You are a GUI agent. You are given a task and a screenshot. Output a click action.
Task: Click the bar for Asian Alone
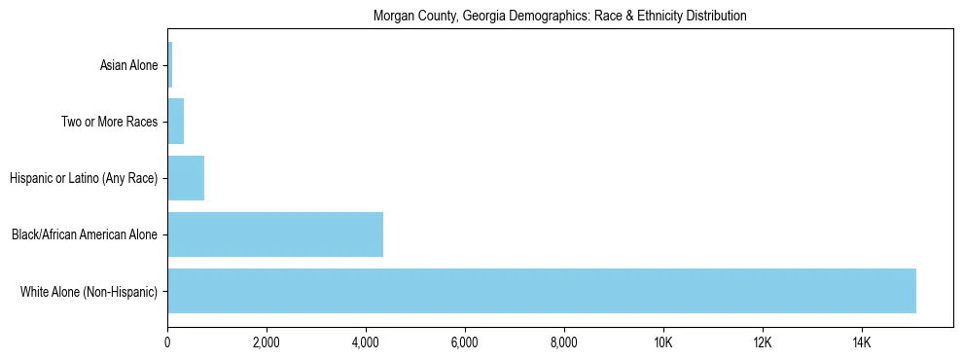click(170, 65)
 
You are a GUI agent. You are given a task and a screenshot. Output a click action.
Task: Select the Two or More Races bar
click(176, 122)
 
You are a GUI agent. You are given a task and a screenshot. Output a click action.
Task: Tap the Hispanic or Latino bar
click(186, 178)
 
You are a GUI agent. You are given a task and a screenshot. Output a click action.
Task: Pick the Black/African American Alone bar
click(275, 234)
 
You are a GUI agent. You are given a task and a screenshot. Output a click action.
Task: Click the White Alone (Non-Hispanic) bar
click(542, 291)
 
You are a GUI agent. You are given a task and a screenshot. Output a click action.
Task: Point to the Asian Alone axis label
click(128, 66)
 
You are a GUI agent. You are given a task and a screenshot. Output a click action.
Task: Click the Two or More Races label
click(109, 123)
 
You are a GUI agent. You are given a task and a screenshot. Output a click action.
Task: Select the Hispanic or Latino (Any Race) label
click(84, 179)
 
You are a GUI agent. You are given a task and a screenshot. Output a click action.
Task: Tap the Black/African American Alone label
click(85, 235)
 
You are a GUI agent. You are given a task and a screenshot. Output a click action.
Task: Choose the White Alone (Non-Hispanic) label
click(89, 292)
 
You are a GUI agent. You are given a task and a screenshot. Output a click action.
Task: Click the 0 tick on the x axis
click(167, 342)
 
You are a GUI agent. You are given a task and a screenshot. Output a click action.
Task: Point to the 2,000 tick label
click(267, 342)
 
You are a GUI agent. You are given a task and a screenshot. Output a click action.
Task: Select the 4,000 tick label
click(366, 342)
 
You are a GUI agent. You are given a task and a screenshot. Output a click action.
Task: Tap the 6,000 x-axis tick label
click(465, 342)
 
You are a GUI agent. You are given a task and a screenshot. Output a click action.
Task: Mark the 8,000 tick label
click(564, 342)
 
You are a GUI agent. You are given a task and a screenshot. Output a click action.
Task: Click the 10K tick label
click(663, 342)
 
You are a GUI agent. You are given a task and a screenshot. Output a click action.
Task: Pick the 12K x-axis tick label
click(763, 342)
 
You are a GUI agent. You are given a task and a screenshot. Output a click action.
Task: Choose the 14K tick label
click(862, 342)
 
